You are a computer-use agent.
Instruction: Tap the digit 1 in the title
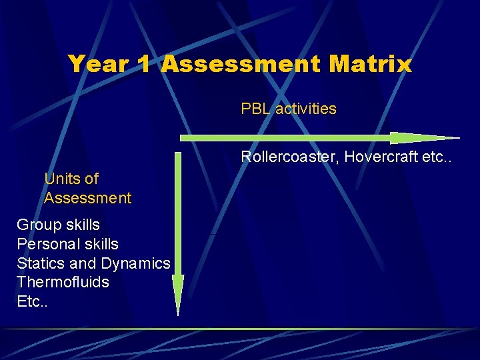tap(143, 64)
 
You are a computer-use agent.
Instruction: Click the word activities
tap(306, 109)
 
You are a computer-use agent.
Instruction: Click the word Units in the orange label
tap(62, 179)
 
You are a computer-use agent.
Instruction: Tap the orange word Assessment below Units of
tap(88, 198)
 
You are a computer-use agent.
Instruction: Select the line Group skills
tap(58, 225)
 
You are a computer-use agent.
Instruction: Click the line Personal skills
tap(67, 244)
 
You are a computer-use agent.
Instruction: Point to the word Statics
tap(39, 263)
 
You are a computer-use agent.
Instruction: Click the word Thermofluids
tap(63, 282)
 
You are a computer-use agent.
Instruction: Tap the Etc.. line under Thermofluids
tap(30, 301)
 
